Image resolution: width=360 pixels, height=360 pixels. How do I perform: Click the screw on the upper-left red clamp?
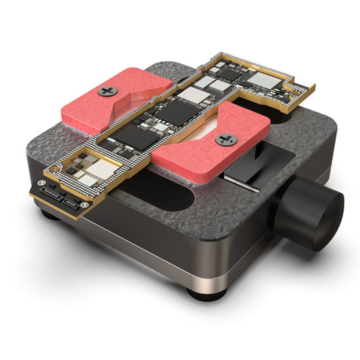[x=107, y=91]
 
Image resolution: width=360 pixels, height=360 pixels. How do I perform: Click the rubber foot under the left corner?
[x=49, y=215]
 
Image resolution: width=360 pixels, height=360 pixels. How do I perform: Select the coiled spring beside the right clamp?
[x=240, y=183]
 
